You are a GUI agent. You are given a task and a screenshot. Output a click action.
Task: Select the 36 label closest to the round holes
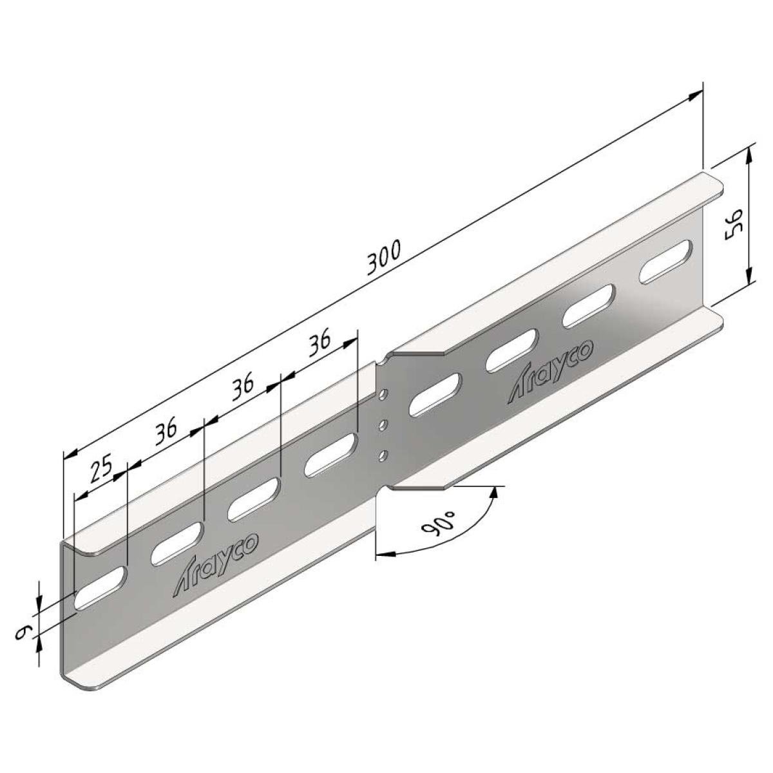(320, 342)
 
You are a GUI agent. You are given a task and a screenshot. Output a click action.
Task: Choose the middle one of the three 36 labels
(243, 386)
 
